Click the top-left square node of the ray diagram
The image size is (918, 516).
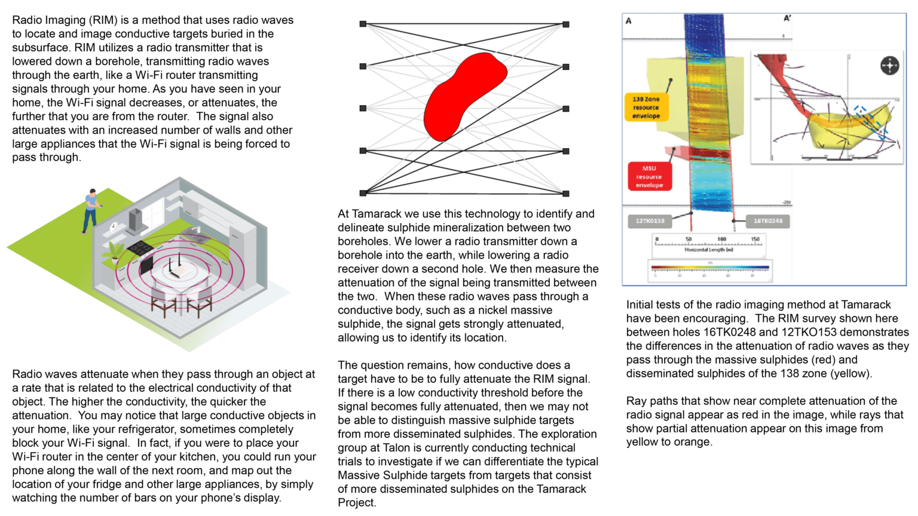point(363,24)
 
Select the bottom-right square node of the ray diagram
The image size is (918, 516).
point(565,193)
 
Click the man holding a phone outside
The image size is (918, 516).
point(90,210)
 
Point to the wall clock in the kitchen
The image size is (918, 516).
point(114,226)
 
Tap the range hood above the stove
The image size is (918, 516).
point(136,220)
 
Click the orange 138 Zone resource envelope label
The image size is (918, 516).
point(646,107)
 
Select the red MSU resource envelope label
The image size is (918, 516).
point(650,177)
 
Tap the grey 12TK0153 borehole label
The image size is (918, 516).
point(650,221)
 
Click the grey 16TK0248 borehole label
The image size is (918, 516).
point(768,221)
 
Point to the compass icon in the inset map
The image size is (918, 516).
point(889,65)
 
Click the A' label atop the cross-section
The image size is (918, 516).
point(787,19)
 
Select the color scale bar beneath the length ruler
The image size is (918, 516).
point(710,268)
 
